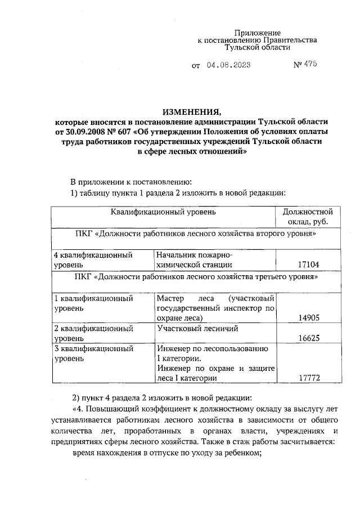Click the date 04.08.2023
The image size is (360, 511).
228,65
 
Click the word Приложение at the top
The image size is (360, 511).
257,33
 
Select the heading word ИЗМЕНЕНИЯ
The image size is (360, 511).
192,110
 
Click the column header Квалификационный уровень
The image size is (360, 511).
163,212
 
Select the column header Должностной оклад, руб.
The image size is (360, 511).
308,217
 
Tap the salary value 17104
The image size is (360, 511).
308,265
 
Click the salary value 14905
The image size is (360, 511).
308,318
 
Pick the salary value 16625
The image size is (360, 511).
308,339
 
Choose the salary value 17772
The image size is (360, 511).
308,378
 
